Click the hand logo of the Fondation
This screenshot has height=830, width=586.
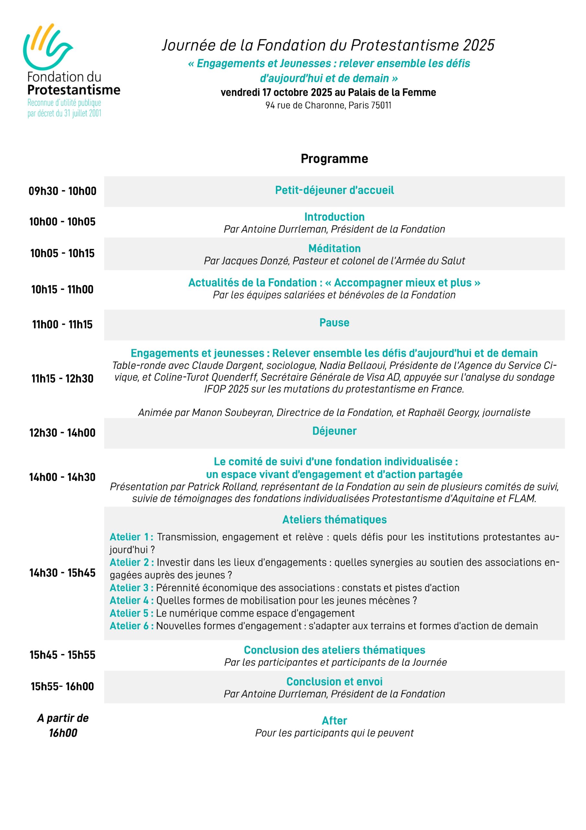pyautogui.click(x=47, y=47)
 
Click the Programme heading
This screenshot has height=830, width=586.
pyautogui.click(x=334, y=159)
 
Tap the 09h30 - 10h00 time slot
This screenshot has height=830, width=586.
pyautogui.click(x=62, y=191)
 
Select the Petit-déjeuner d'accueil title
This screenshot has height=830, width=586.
pyautogui.click(x=334, y=190)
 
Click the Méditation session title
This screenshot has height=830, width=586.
pyautogui.click(x=334, y=248)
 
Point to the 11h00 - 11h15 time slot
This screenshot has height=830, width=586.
pyautogui.click(x=62, y=324)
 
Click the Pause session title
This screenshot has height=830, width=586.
pyautogui.click(x=334, y=323)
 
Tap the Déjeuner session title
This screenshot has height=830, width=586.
pyautogui.click(x=334, y=431)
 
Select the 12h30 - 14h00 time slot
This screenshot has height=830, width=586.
pyautogui.click(x=62, y=433)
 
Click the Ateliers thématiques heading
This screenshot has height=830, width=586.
pyautogui.click(x=334, y=519)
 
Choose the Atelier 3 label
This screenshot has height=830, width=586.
pyautogui.click(x=131, y=588)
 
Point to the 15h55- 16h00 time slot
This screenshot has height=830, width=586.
pyautogui.click(x=62, y=686)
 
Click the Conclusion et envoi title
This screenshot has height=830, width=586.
pyautogui.click(x=334, y=682)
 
